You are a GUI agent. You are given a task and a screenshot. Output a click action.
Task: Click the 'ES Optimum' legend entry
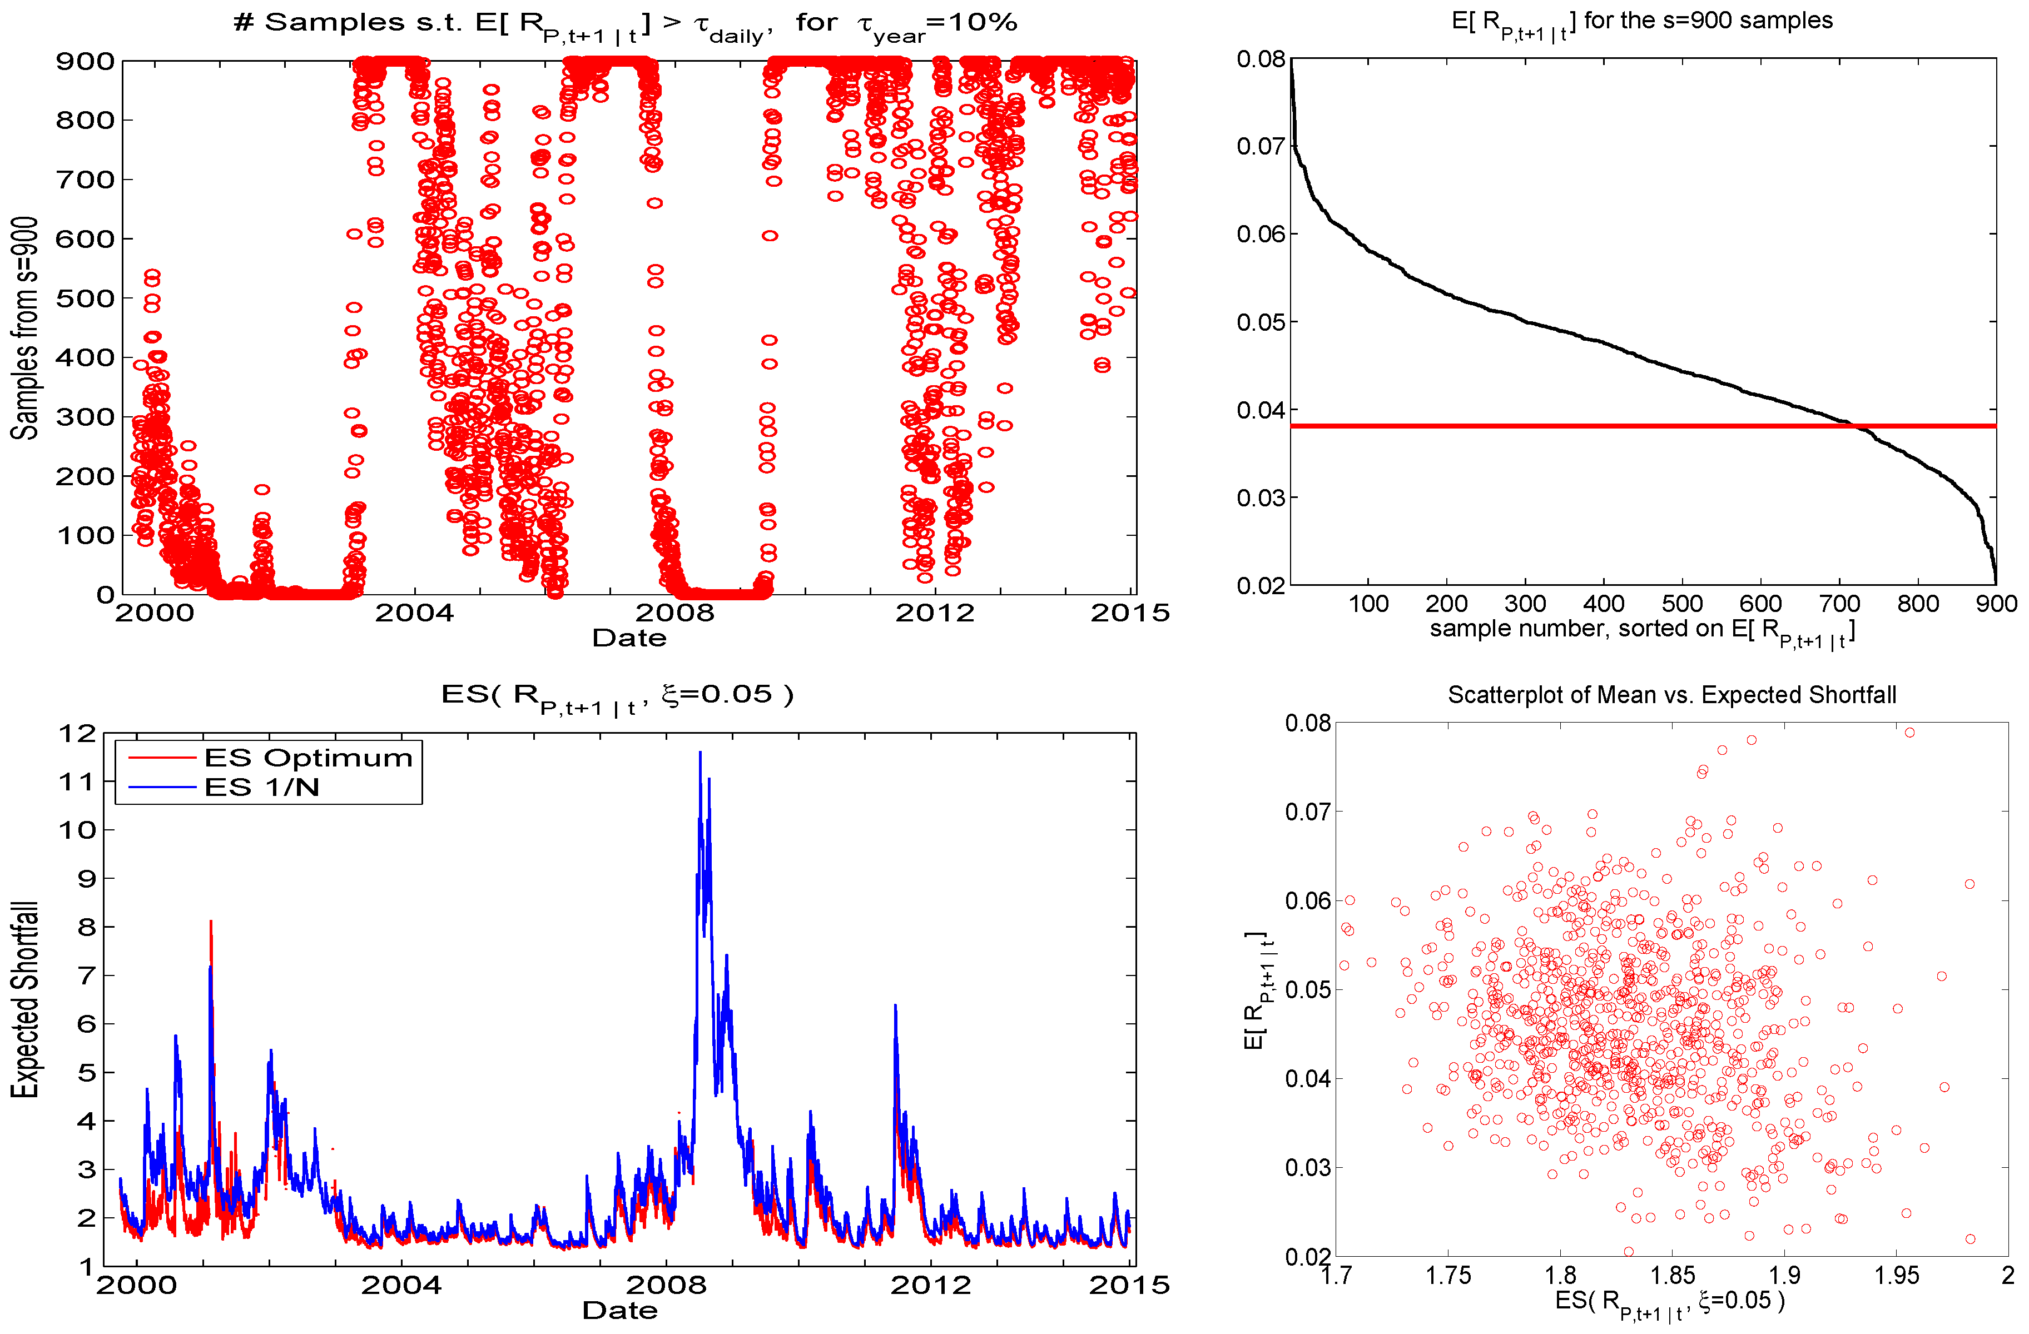(x=307, y=758)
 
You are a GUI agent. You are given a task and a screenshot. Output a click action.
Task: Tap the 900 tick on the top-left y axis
(x=85, y=61)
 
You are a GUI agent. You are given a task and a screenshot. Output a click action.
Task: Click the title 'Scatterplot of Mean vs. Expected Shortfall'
(x=1671, y=695)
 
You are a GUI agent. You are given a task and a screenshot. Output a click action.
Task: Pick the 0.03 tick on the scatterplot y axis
(x=1307, y=1167)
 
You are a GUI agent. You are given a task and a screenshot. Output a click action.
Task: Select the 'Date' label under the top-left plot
(x=629, y=638)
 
